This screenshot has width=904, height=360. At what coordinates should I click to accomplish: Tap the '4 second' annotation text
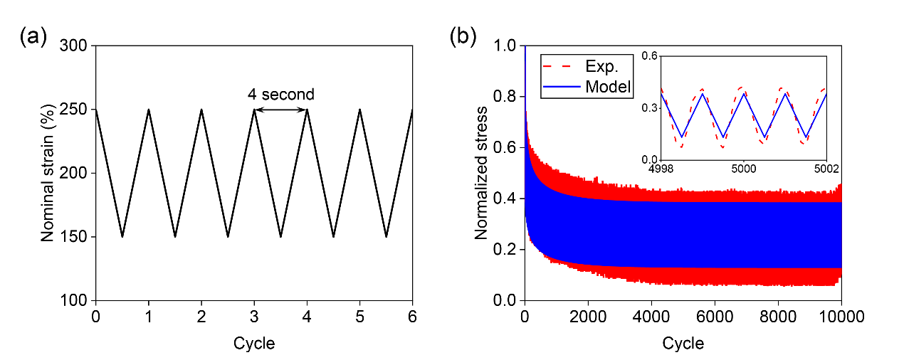(x=280, y=94)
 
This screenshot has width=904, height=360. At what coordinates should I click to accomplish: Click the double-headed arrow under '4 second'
(x=280, y=110)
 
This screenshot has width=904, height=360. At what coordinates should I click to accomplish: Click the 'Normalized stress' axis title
(x=481, y=173)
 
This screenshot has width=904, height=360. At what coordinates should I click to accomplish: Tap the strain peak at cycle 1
(x=149, y=110)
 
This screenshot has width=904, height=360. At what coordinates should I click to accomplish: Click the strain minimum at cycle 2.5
(x=228, y=236)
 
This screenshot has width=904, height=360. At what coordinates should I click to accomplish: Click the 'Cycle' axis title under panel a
(x=254, y=344)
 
